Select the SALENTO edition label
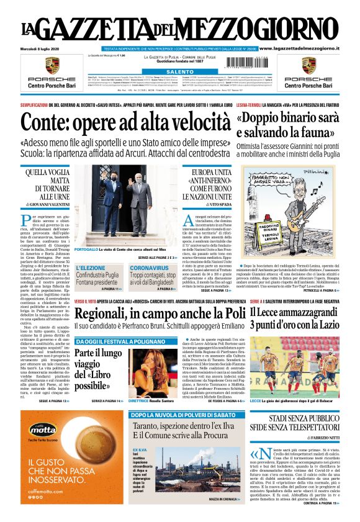tap(181, 72)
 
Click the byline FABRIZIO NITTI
tap(318, 439)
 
